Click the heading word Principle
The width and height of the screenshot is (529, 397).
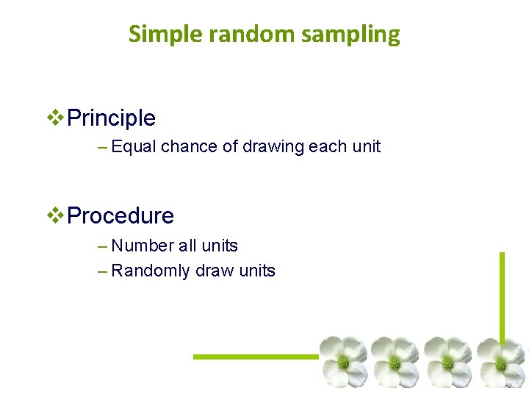point(111,118)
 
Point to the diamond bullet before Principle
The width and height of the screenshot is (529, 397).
point(56,118)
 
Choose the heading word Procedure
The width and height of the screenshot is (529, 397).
point(120,216)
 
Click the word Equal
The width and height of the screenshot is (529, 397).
point(134,147)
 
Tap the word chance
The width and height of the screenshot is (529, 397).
point(189,147)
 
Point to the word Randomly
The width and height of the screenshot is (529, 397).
point(151,271)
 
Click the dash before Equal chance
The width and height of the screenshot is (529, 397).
point(102,147)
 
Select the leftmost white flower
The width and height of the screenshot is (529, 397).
point(343,361)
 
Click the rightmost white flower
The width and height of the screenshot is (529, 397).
point(502,361)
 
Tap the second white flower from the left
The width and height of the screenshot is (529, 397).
point(395,361)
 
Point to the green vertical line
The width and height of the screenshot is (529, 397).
point(503,294)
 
